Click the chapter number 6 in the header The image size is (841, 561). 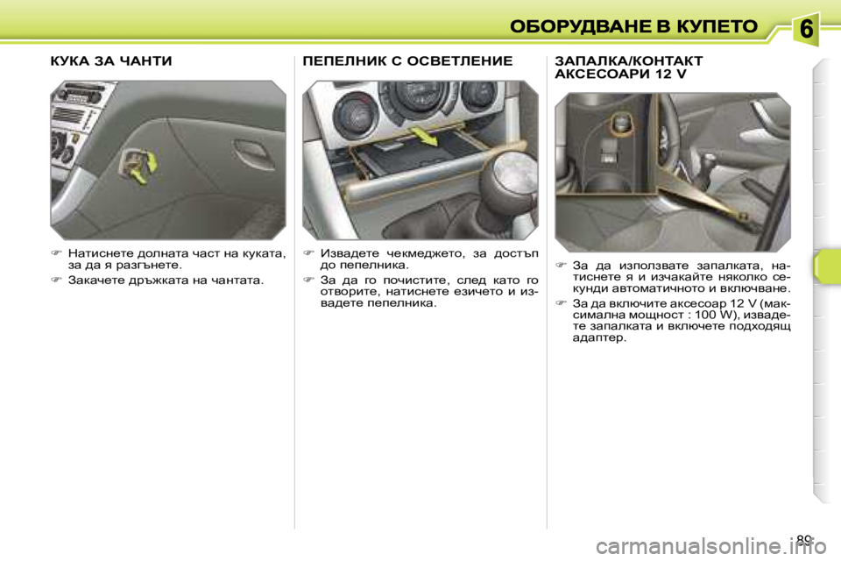pos(807,29)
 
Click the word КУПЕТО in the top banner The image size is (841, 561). pos(714,26)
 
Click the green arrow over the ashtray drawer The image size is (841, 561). pos(423,137)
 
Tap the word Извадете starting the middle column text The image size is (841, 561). pos(350,253)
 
